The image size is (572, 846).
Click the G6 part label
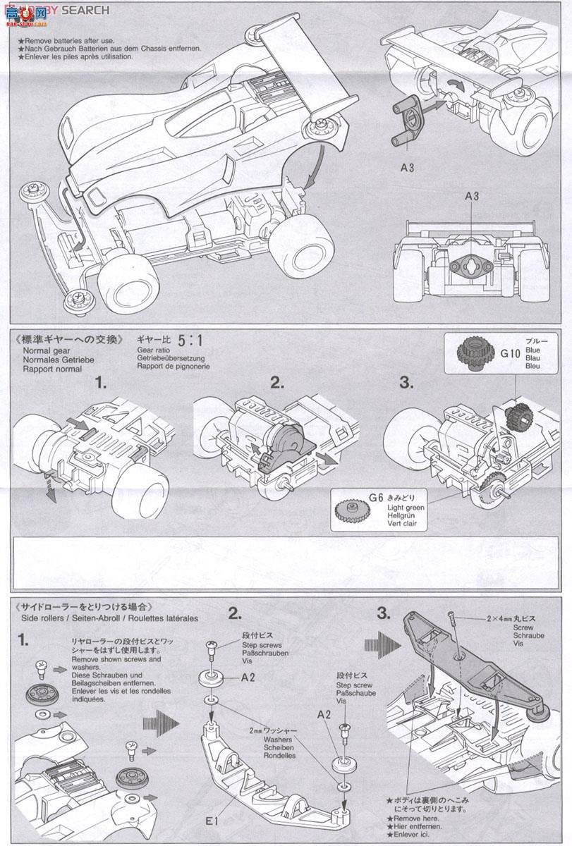pyautogui.click(x=375, y=498)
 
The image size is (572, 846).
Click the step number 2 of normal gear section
pyautogui.click(x=276, y=383)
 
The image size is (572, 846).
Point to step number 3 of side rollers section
pyautogui.click(x=384, y=613)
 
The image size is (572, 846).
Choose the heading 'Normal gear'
pyautogui.click(x=48, y=350)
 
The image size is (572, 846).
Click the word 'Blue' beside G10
pyautogui.click(x=533, y=350)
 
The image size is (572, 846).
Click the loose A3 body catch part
pyautogui.click(x=408, y=120)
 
